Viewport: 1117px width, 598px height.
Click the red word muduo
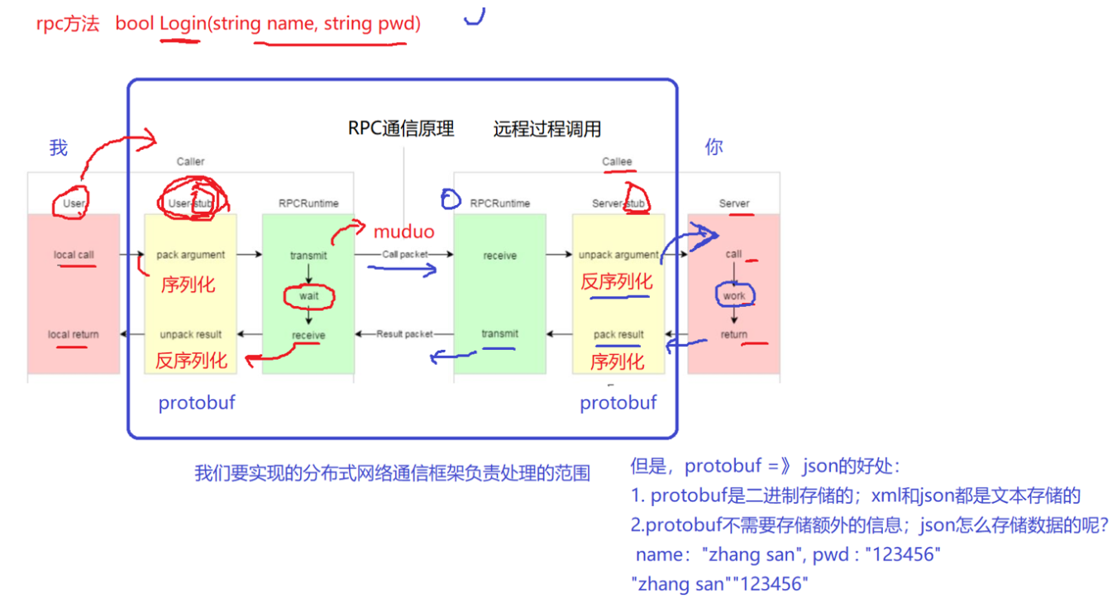tap(404, 232)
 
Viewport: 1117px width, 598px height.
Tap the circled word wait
tap(308, 295)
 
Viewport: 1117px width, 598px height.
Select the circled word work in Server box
tap(733, 295)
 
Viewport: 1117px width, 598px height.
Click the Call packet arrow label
tap(405, 255)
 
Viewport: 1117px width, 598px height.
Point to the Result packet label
tap(405, 334)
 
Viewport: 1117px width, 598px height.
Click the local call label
tap(74, 255)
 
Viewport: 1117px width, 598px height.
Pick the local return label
tap(73, 334)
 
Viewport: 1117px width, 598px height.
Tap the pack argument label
tap(190, 255)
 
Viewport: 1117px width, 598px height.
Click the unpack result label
tap(190, 334)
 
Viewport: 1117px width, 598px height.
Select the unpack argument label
tap(618, 255)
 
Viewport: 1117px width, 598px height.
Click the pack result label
tap(618, 334)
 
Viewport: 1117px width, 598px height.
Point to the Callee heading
tap(617, 161)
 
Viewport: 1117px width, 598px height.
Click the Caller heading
tap(190, 161)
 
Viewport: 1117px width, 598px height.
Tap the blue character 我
tap(58, 148)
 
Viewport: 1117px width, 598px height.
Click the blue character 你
tap(714, 147)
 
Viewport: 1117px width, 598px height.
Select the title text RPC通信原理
tap(401, 129)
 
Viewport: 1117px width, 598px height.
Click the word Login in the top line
tap(182, 24)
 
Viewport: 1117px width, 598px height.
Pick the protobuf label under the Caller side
tap(197, 403)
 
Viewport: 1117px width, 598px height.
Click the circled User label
tap(74, 203)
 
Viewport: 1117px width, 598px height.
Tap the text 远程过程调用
tap(547, 129)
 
